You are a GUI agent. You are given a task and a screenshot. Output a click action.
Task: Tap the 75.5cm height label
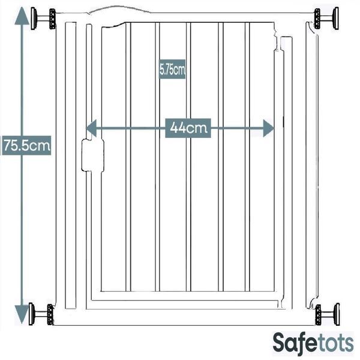pos(26,145)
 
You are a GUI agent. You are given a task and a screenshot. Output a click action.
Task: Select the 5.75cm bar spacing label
pos(172,70)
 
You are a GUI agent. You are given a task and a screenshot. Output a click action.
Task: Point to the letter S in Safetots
pos(280,343)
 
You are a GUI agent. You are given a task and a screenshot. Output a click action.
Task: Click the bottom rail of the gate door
pos(186,295)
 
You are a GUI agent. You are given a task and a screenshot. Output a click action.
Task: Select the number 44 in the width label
pos(177,128)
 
